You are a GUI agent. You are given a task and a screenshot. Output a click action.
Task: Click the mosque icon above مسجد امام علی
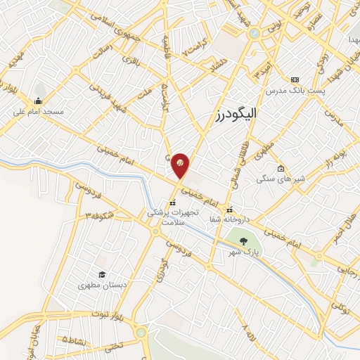37,100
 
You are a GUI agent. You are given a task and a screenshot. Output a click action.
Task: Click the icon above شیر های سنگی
281,168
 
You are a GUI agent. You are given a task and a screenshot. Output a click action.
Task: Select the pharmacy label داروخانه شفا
230,219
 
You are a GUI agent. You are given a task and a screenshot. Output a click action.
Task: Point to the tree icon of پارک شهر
243,240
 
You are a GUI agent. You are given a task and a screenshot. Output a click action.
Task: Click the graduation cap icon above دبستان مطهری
102,275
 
